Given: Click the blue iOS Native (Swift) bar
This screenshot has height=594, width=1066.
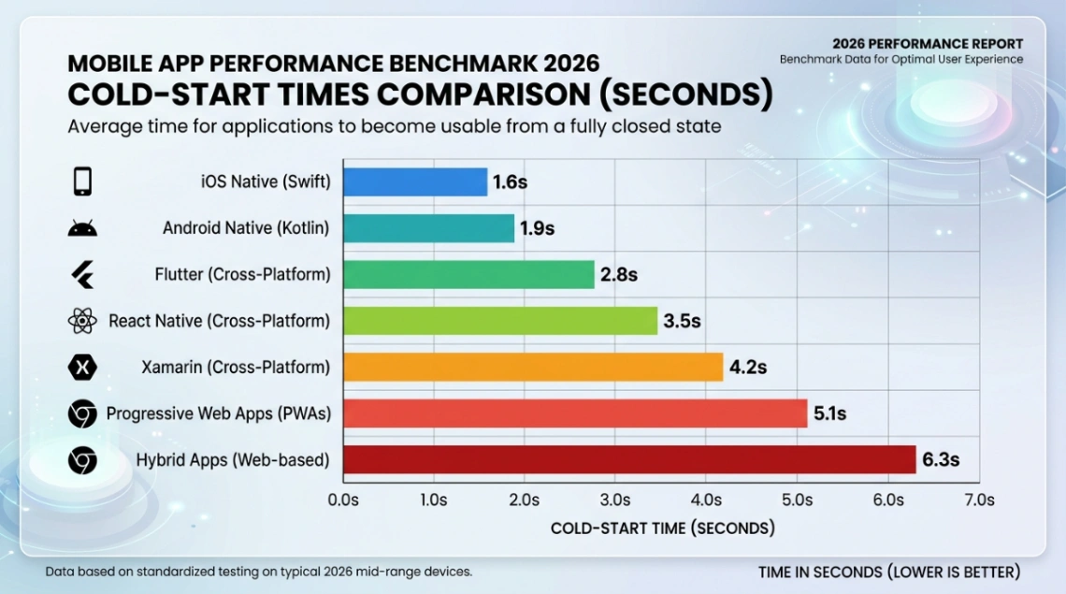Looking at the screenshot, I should click(415, 182).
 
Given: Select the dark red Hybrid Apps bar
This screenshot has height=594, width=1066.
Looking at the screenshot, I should click(629, 459).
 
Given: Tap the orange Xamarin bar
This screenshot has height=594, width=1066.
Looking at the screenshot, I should click(533, 367).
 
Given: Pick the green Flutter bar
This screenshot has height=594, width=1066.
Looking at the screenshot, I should click(468, 274).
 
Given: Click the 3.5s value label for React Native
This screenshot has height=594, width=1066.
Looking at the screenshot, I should click(682, 321).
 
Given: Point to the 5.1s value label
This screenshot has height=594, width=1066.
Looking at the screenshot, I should click(827, 413).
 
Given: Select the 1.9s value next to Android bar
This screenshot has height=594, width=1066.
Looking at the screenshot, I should click(537, 228).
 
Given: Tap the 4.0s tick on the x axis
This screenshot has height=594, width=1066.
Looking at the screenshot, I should click(706, 500).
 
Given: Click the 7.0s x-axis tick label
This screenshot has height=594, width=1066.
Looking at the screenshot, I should click(978, 500).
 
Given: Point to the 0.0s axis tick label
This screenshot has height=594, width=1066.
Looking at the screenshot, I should click(343, 500).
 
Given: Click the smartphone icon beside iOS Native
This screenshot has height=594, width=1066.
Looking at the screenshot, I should click(82, 181).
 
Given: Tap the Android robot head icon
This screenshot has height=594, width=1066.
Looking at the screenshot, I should click(82, 229).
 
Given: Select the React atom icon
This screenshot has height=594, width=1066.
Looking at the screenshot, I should click(82, 321).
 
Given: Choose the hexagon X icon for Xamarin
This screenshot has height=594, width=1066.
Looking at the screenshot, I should click(82, 368).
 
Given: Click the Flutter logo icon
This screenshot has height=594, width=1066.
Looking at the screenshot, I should click(82, 275).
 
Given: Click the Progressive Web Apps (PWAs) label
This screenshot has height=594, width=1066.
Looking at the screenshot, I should click(218, 413).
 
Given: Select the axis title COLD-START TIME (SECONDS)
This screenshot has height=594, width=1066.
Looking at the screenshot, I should click(662, 529).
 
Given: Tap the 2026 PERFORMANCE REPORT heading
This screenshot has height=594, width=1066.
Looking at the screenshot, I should click(928, 44).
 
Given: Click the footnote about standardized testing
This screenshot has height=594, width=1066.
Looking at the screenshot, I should click(258, 571).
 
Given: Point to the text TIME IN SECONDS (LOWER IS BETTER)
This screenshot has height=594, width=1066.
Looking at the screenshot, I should click(888, 572).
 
